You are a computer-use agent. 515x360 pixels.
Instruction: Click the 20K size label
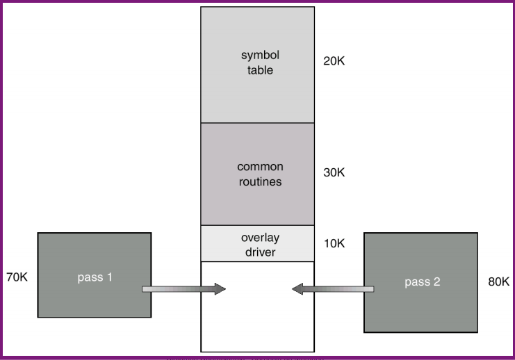pyautogui.click(x=334, y=61)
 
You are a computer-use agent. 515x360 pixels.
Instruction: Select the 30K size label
pyautogui.click(x=334, y=172)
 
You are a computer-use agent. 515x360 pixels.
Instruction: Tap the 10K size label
pyautogui.click(x=334, y=244)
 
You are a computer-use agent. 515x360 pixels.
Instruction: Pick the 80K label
pyautogui.click(x=498, y=282)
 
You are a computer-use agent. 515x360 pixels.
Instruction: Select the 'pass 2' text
pyautogui.click(x=421, y=282)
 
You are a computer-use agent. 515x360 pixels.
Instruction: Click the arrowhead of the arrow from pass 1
pyautogui.click(x=220, y=288)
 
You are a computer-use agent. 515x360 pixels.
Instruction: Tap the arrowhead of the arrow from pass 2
pyautogui.click(x=298, y=288)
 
